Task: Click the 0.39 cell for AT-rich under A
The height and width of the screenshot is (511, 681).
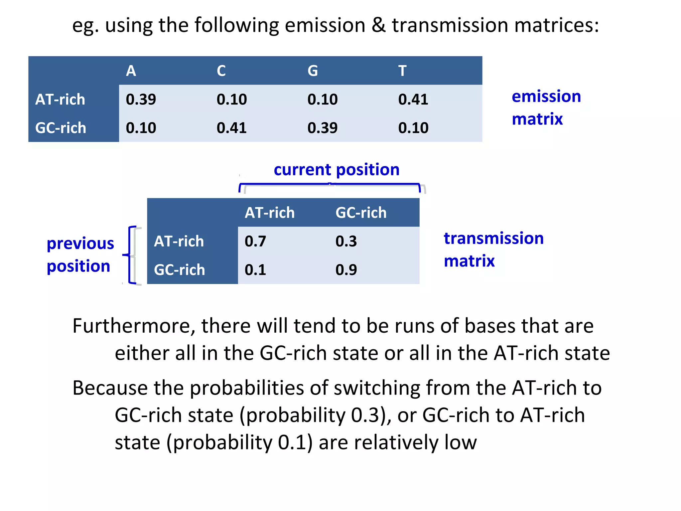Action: coord(141,99)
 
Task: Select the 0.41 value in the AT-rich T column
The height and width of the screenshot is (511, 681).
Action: coord(413,99)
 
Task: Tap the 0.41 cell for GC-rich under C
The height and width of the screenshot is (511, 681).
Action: coord(232,128)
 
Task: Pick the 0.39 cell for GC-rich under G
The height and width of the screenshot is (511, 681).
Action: coord(323,128)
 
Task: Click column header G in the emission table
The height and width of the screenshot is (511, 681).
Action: coord(313,71)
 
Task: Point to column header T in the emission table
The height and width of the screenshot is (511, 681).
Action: coord(402,71)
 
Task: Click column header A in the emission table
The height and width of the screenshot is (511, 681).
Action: coord(131,71)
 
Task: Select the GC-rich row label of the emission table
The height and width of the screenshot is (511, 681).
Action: coord(61,128)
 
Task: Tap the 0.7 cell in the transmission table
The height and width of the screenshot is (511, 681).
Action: coord(255,241)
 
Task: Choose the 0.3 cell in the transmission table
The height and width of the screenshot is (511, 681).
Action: coord(346,241)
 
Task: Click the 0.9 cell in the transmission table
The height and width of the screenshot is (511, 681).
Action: coord(346,270)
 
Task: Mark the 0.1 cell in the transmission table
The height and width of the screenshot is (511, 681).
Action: coord(255,270)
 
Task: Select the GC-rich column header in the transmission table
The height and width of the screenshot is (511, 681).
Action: coord(361,213)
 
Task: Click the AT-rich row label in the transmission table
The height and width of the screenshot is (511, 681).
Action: coord(179,241)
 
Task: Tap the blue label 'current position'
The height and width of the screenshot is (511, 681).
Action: coord(337,170)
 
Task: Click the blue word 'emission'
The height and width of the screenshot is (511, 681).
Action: coord(546,96)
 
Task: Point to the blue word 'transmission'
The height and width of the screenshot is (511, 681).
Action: coord(494,239)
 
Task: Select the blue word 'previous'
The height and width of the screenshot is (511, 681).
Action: coord(80,244)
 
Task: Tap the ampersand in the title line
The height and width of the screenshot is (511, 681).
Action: coord(378,25)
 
